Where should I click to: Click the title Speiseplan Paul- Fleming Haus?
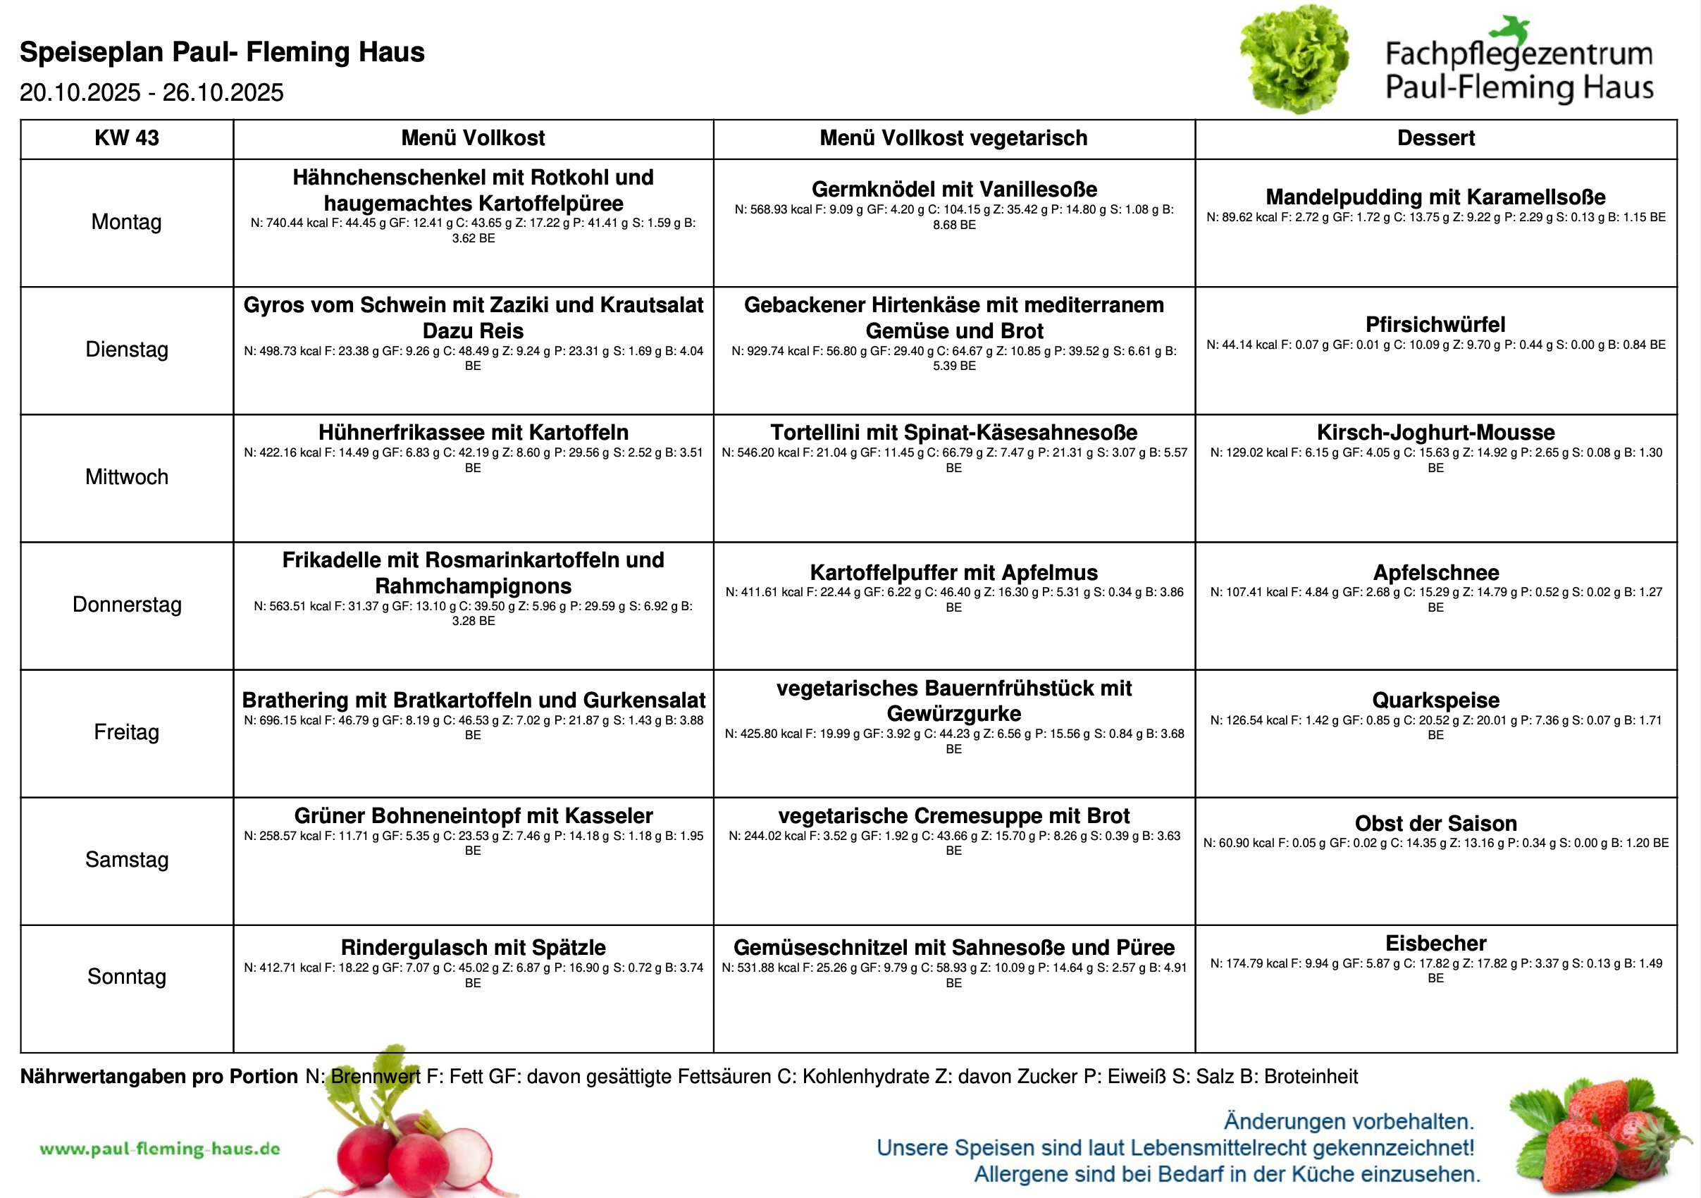click(x=221, y=52)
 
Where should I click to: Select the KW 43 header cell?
click(x=126, y=138)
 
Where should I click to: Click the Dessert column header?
click(x=1435, y=138)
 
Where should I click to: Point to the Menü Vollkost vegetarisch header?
click(x=953, y=138)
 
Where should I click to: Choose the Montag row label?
click(x=126, y=221)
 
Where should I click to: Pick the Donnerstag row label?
click(x=126, y=605)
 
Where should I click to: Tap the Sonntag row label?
click(x=126, y=977)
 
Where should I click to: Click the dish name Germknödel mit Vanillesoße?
click(x=953, y=189)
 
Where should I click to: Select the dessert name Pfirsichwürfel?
click(x=1435, y=324)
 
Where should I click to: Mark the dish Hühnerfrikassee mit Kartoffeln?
click(x=473, y=432)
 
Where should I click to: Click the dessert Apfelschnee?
click(x=1435, y=572)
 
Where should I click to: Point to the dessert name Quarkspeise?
click(x=1435, y=700)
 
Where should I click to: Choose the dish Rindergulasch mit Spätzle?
click(x=473, y=947)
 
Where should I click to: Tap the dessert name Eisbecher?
click(x=1435, y=943)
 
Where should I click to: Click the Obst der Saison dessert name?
click(x=1435, y=823)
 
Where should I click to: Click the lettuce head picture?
click(x=1295, y=59)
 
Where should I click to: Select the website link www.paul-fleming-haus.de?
click(x=160, y=1149)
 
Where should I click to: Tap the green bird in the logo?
click(x=1511, y=30)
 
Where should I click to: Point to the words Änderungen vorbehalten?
click(x=1349, y=1121)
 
